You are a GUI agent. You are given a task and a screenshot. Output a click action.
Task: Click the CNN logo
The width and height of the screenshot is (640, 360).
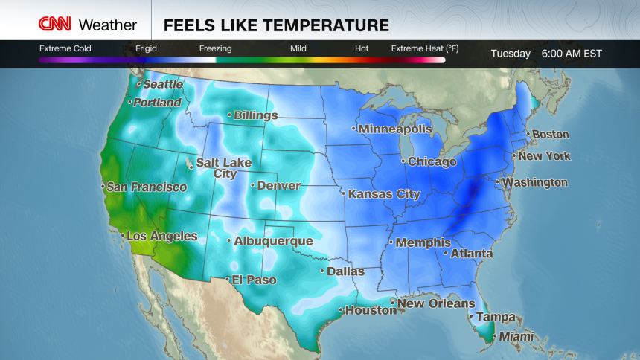(56, 25)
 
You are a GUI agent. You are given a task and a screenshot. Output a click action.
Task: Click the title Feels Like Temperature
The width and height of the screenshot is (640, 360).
(276, 25)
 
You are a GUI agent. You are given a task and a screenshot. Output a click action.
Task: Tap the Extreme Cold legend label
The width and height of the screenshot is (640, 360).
(65, 49)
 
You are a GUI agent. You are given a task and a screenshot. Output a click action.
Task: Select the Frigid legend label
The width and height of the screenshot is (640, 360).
(147, 49)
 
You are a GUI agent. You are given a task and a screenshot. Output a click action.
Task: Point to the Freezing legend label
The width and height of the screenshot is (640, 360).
(215, 49)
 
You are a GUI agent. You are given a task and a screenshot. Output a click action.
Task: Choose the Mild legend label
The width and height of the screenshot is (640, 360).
(298, 49)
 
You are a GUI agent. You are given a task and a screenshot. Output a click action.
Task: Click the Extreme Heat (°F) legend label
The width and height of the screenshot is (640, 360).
(425, 49)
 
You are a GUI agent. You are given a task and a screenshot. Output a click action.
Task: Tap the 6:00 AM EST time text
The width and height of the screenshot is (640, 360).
(572, 54)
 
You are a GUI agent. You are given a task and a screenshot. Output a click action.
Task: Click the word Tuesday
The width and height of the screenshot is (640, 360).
(511, 54)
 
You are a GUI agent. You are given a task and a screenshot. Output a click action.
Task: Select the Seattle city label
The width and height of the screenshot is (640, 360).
(164, 85)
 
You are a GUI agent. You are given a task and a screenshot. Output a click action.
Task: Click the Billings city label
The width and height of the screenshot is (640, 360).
(255, 115)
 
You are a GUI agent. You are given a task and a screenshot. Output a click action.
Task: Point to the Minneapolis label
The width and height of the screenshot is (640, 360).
(395, 129)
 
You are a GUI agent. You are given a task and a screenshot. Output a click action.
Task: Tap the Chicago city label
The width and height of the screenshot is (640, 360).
(432, 161)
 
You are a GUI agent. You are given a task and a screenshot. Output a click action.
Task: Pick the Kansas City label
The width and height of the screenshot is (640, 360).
(384, 194)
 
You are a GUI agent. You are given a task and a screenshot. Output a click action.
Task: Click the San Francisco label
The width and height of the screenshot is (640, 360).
(147, 187)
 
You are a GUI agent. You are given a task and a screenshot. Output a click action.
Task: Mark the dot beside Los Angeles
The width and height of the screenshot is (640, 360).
(122, 236)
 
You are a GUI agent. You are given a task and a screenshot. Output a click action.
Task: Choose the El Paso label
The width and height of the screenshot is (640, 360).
(255, 280)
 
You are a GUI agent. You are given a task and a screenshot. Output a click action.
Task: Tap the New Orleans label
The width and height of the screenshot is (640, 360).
(436, 303)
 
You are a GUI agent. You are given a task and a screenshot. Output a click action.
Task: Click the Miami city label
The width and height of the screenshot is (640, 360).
(516, 337)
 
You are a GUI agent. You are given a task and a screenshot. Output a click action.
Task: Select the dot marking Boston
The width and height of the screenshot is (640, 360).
(528, 135)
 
